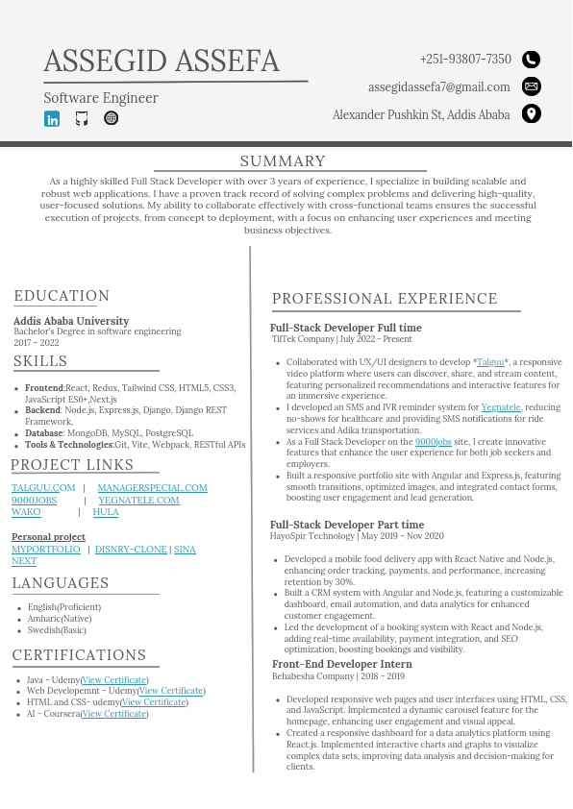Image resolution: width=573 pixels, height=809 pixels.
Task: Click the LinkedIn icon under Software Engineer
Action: coord(52,119)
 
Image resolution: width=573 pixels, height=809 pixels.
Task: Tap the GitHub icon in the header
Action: coord(82,119)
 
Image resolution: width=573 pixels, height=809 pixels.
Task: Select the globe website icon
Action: coord(111,119)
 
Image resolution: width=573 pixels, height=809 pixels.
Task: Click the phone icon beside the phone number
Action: coord(531,60)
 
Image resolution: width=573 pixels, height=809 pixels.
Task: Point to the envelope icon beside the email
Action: coord(531,86)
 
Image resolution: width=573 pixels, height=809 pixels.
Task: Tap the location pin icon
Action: coord(531,114)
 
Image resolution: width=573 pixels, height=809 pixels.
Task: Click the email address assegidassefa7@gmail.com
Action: coord(438,87)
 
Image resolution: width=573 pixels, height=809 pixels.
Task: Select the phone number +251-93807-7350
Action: coord(465,60)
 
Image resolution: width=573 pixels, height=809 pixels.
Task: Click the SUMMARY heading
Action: coord(283,161)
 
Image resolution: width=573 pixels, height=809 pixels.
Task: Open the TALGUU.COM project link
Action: coord(43,488)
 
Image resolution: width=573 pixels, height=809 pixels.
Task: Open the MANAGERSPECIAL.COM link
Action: coord(152,488)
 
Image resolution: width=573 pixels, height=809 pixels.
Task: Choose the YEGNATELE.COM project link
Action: coord(138,501)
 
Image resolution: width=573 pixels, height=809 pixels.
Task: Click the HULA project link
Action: coord(106,512)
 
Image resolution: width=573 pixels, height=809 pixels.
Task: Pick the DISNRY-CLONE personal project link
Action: coord(131,550)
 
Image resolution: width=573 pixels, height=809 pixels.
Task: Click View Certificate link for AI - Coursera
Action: coord(114,714)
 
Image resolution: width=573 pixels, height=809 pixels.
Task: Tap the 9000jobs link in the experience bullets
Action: coord(434,442)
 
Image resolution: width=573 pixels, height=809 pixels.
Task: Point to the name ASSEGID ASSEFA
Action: coord(162,61)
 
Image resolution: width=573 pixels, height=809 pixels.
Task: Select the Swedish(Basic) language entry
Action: coord(57,630)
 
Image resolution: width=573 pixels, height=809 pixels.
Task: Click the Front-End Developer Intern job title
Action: coord(342,664)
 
